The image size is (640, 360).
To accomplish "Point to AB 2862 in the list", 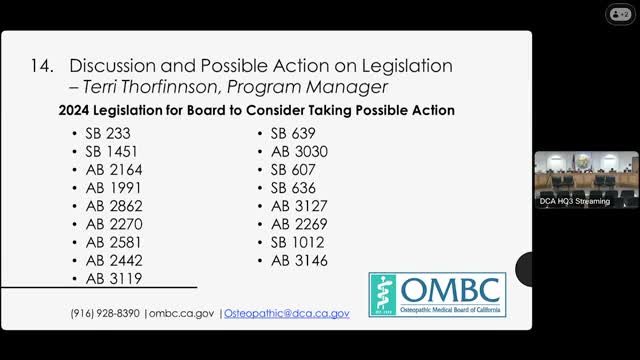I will coord(113,206).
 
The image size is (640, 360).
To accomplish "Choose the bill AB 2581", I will coord(112,242).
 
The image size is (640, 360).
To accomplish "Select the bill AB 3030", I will coord(299,151).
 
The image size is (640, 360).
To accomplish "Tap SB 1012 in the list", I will coord(297,242).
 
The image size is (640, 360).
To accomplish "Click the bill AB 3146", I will coord(298,261).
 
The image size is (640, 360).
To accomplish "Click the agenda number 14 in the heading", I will coord(41,65).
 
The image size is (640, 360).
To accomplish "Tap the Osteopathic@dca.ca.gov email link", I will coord(286,313).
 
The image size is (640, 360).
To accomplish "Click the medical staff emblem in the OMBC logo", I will coord(386,293).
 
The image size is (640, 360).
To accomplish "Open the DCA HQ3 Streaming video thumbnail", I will coord(585,179).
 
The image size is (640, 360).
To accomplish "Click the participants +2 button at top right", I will coord(620,13).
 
